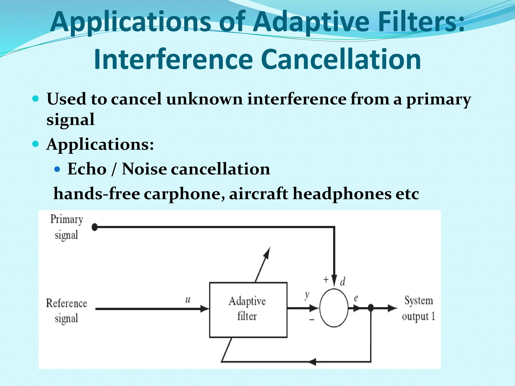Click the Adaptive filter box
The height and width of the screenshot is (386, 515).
tap(248, 310)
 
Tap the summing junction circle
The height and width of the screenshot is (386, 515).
tap(334, 308)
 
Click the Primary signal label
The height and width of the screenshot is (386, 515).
tap(66, 227)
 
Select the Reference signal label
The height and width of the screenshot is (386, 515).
tap(66, 311)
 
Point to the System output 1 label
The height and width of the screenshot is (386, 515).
tap(418, 308)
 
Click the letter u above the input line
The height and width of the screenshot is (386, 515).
tap(188, 300)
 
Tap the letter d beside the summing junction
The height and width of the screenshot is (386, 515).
tap(342, 282)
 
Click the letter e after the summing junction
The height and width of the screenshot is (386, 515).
tap(356, 298)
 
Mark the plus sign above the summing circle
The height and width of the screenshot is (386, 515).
tap(326, 279)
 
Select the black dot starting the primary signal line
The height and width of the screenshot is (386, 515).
tap(95, 227)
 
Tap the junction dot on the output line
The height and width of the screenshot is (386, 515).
tap(371, 308)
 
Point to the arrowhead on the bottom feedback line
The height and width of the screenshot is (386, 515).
tap(312, 362)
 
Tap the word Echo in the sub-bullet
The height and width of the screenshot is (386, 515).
tap(87, 169)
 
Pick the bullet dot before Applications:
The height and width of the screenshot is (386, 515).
tap(36, 144)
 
